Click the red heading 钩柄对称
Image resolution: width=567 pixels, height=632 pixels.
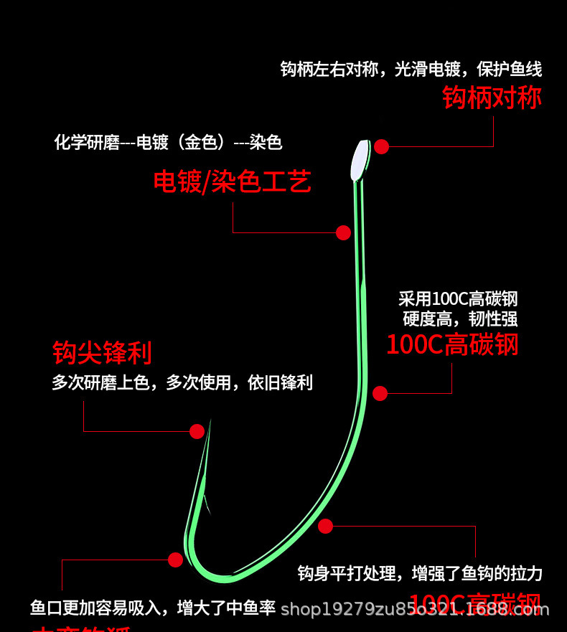coord(492,98)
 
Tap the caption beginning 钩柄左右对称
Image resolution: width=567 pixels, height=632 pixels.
coord(411,70)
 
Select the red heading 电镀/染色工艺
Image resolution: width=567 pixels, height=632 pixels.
coord(233,181)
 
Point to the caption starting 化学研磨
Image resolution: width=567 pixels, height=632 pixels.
coord(169,142)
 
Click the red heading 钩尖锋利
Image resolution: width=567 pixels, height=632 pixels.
coord(102,353)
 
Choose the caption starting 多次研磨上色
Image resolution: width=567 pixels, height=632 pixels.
coord(182,382)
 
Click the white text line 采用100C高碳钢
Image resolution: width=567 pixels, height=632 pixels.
coord(458,298)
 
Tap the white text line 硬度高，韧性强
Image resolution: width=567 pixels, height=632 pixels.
coord(460,319)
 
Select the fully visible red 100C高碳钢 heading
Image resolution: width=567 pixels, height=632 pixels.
coord(452,344)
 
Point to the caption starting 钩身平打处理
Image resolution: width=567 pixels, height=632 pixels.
coord(420,573)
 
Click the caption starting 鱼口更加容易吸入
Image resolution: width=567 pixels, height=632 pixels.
coord(153,608)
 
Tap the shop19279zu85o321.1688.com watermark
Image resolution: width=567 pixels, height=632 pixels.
coord(414,610)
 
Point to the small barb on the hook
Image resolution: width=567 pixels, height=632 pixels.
coord(205,502)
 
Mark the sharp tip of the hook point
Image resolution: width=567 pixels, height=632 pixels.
coord(210,422)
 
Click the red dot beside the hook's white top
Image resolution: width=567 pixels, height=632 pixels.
coord(381,146)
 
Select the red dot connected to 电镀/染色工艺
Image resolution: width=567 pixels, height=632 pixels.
coord(343,232)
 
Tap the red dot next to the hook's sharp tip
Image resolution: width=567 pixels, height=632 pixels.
coord(197,431)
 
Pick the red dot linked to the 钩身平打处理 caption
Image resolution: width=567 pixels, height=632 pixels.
coord(325,526)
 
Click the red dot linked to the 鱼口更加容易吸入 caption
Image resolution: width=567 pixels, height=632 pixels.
coord(175,560)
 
